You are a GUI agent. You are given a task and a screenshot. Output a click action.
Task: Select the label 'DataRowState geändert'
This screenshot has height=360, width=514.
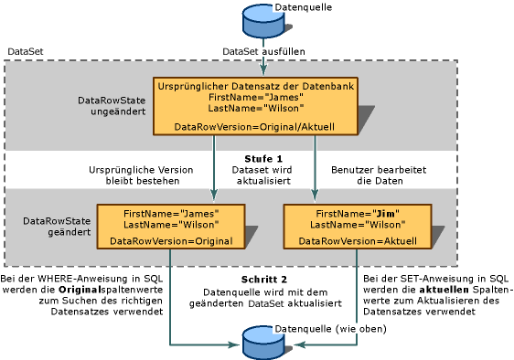tap(57, 228)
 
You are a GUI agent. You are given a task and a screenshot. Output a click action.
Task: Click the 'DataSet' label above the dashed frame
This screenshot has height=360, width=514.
tap(23, 51)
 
